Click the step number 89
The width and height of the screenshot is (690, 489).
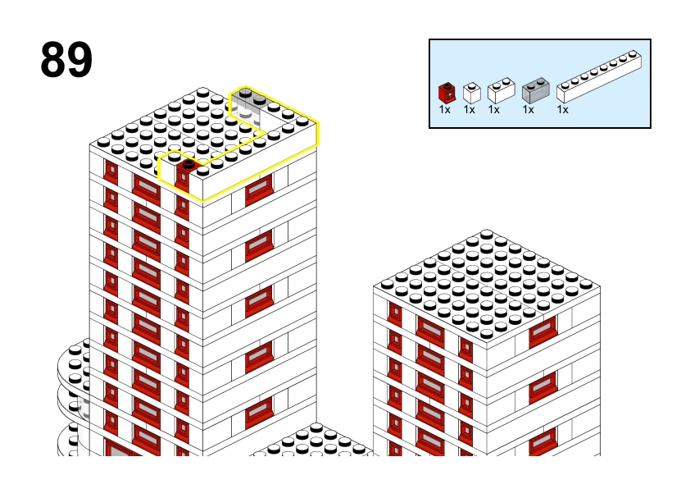(x=66, y=59)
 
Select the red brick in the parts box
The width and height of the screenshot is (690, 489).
(x=447, y=93)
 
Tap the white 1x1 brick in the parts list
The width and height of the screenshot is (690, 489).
(x=472, y=93)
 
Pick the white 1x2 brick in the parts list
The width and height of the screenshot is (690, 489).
(x=502, y=91)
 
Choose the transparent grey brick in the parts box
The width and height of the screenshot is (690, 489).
(x=536, y=91)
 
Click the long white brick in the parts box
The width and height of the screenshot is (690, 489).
(x=599, y=77)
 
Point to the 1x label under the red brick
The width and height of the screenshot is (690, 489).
(x=444, y=110)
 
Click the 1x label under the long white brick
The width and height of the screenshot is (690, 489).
(x=562, y=110)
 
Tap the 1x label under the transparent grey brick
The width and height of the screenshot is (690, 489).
(x=528, y=110)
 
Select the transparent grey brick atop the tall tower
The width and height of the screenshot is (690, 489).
(x=249, y=106)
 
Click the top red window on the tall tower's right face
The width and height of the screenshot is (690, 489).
(x=259, y=190)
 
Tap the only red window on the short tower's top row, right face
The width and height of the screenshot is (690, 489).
(x=542, y=331)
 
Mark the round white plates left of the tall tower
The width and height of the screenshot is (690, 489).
(x=74, y=396)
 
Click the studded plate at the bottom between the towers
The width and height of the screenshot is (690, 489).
(x=311, y=441)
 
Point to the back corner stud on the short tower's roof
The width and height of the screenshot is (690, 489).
(x=486, y=235)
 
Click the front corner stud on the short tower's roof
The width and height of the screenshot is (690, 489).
(x=486, y=333)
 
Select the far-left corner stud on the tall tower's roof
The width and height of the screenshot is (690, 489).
(x=103, y=142)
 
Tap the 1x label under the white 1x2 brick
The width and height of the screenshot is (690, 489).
(x=494, y=110)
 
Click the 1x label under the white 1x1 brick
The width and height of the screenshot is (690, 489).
(x=469, y=110)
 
